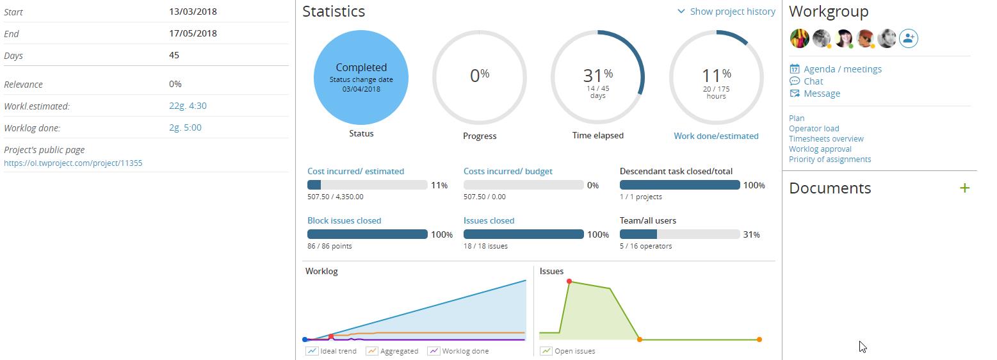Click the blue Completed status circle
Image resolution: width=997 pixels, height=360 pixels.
click(x=361, y=78)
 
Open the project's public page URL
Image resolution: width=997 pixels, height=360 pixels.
click(x=73, y=163)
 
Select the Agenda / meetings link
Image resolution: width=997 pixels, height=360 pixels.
click(x=842, y=69)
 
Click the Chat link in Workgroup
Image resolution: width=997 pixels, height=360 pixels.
click(x=813, y=81)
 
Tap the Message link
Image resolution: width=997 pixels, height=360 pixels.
click(x=822, y=94)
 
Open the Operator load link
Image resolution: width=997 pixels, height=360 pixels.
click(x=814, y=128)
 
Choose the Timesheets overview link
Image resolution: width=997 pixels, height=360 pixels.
click(x=826, y=138)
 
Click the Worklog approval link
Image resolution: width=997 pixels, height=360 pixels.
click(x=820, y=149)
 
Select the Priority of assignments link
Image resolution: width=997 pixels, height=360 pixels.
click(x=830, y=159)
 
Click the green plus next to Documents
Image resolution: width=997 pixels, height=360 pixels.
click(x=964, y=188)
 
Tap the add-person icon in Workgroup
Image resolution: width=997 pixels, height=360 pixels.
click(x=908, y=38)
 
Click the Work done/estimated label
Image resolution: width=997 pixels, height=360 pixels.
click(x=716, y=136)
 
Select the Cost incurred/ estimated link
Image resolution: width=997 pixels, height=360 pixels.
click(x=355, y=171)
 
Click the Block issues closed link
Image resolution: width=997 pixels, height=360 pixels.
click(x=344, y=220)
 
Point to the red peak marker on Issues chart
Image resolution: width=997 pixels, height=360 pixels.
click(x=569, y=281)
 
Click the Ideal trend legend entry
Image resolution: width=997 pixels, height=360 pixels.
click(x=337, y=351)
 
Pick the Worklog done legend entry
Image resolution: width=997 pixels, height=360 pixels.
click(x=465, y=351)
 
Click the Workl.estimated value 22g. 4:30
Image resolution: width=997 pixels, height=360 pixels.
click(x=188, y=106)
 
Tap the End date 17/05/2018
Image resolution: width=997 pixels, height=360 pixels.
click(x=193, y=33)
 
